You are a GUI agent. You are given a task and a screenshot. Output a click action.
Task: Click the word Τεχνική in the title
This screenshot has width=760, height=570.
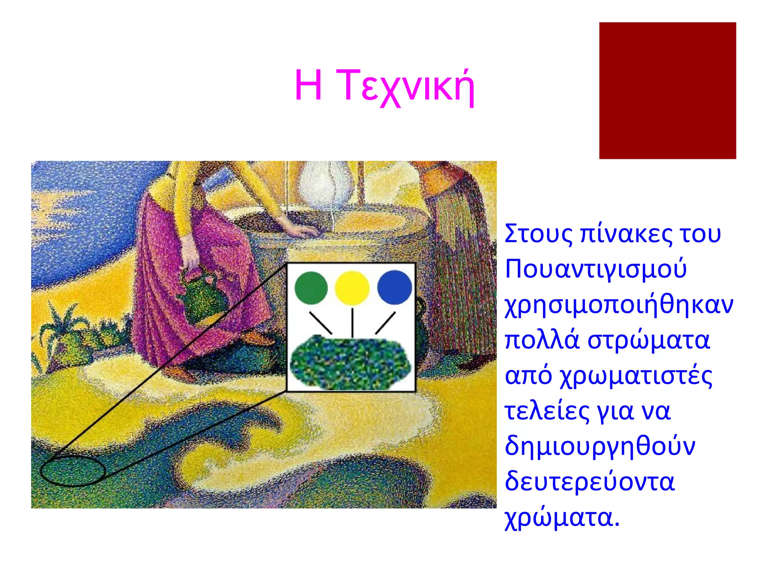coord(407,86)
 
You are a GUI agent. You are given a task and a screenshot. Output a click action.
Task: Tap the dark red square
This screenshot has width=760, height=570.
coord(667,91)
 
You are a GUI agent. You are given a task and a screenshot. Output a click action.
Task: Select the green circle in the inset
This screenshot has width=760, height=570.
coord(311,288)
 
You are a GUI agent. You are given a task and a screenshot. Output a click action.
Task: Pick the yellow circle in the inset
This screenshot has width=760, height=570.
coord(352,288)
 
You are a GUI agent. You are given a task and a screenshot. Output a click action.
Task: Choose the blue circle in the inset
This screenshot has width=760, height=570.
coord(394,288)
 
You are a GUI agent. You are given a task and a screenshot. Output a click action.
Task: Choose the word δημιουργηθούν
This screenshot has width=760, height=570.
coord(600,446)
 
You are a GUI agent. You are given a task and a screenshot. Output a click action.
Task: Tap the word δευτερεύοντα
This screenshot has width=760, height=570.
coord(589,482)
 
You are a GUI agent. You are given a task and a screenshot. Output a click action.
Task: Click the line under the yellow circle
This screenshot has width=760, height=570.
coord(352,322)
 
